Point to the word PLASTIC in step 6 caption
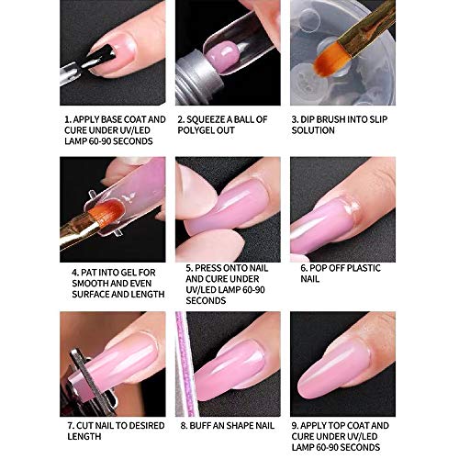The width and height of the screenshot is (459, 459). [364, 268]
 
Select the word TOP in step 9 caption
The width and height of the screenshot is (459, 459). [346, 426]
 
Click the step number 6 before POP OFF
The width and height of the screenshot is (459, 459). [304, 268]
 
